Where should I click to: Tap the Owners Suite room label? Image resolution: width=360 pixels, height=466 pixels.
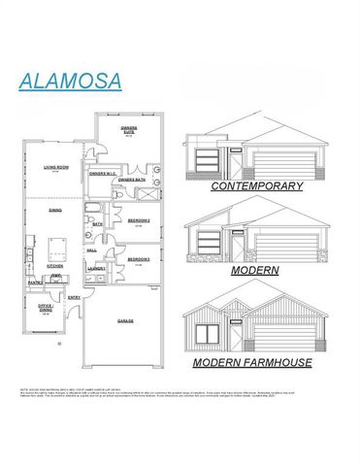click(129, 128)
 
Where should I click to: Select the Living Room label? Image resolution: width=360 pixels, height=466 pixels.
click(55, 167)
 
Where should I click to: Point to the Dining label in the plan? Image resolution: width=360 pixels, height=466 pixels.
click(55, 209)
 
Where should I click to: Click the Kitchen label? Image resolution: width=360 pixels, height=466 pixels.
click(55, 265)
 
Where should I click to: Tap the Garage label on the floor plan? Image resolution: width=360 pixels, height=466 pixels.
click(125, 320)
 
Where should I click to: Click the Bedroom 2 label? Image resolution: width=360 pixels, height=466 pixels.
click(138, 220)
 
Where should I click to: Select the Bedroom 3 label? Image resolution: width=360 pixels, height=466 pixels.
click(138, 259)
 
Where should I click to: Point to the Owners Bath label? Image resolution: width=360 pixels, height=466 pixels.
click(132, 181)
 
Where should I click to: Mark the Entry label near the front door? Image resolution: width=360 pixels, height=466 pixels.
click(75, 297)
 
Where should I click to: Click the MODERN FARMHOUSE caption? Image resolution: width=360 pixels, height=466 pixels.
click(251, 362)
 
